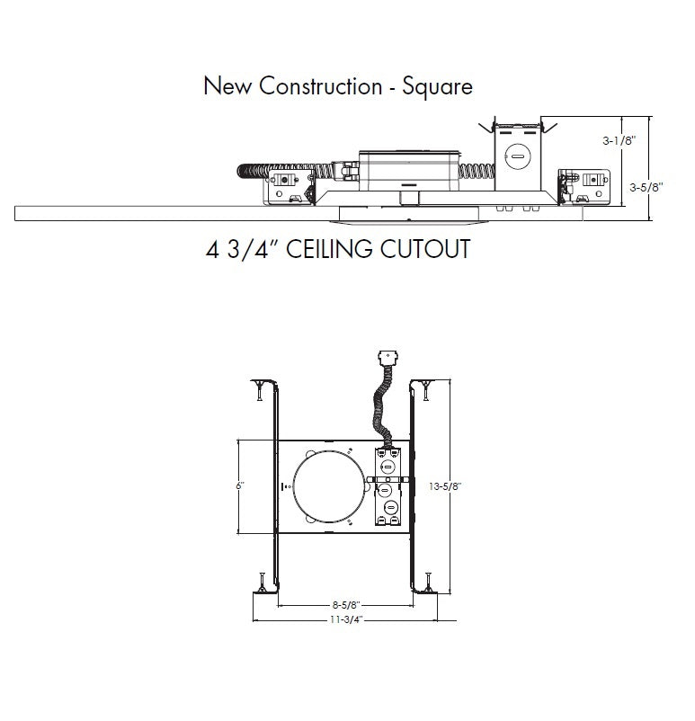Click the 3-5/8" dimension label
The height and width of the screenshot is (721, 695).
tap(646, 187)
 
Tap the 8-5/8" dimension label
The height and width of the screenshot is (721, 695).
tap(344, 606)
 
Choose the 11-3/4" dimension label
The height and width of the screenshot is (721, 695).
tap(344, 619)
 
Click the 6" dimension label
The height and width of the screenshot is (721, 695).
tap(240, 485)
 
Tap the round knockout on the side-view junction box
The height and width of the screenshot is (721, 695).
tap(518, 156)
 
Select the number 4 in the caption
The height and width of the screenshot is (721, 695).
tap(212, 248)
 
